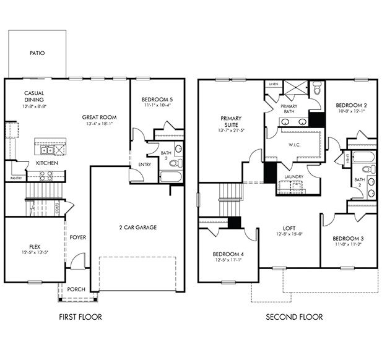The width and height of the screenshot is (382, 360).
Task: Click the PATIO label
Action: click(x=37, y=54)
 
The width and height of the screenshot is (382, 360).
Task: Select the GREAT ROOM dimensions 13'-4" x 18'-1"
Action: click(x=99, y=123)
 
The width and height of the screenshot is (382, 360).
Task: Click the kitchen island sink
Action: click(x=46, y=150)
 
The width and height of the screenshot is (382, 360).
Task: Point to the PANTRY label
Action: click(x=16, y=178)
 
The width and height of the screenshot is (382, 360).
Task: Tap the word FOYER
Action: click(x=78, y=237)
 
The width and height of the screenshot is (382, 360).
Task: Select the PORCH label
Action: click(x=76, y=288)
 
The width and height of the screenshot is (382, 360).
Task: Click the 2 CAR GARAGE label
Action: click(x=137, y=227)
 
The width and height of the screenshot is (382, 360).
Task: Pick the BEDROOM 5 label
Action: click(x=157, y=99)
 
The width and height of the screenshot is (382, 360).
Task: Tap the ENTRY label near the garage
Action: click(x=145, y=165)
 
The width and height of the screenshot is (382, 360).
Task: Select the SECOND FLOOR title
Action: click(x=294, y=317)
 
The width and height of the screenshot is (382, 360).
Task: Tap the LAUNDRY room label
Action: click(x=293, y=176)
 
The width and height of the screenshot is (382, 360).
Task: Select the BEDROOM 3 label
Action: click(x=347, y=239)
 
